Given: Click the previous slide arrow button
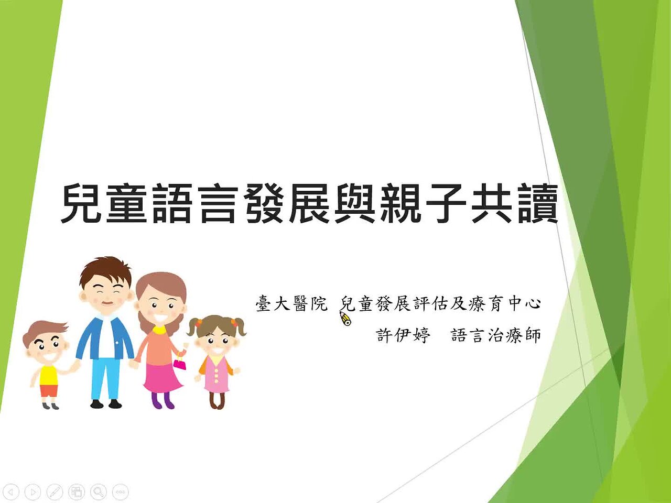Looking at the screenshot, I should tap(11, 492).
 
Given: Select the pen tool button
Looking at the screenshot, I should tap(55, 492).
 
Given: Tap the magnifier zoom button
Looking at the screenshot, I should tap(98, 492).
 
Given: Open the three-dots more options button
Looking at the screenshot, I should tap(120, 492).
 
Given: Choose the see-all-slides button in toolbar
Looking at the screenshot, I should tap(77, 492).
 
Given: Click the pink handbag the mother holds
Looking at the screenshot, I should tap(179, 363).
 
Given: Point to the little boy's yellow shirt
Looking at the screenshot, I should tap(48, 375).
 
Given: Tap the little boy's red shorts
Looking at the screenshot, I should tap(49, 391).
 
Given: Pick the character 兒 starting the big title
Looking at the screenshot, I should tap(82, 204).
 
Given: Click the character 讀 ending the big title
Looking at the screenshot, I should tap(538, 204).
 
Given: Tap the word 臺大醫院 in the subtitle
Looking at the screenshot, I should tap(291, 303).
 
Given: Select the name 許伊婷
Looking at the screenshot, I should tap(403, 335).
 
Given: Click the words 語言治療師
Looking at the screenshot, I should tap(496, 335).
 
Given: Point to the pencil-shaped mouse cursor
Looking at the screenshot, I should tap(345, 319).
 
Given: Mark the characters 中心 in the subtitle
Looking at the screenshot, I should tap(525, 303).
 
